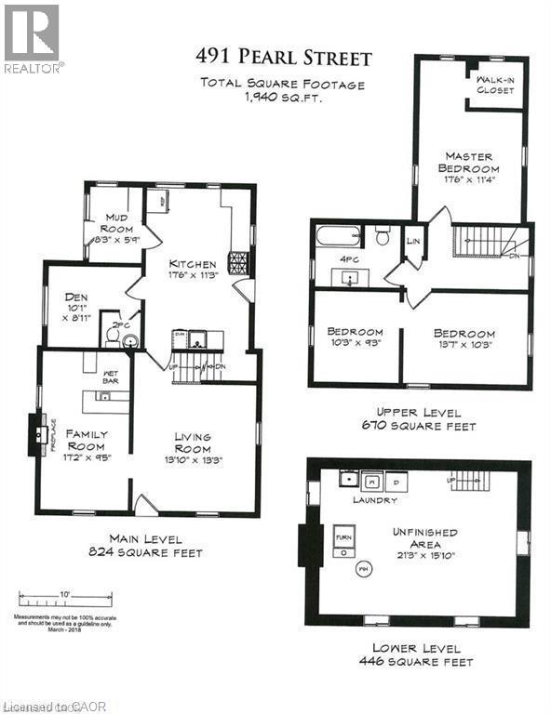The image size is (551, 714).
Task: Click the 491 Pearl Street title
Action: coord(283,58)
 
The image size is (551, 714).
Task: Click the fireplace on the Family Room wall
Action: coord(38,435)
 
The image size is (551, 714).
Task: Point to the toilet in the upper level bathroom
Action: coord(382,237)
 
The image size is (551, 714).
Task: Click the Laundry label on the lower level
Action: coord(374,500)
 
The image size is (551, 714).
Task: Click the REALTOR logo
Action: coord(34,38)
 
